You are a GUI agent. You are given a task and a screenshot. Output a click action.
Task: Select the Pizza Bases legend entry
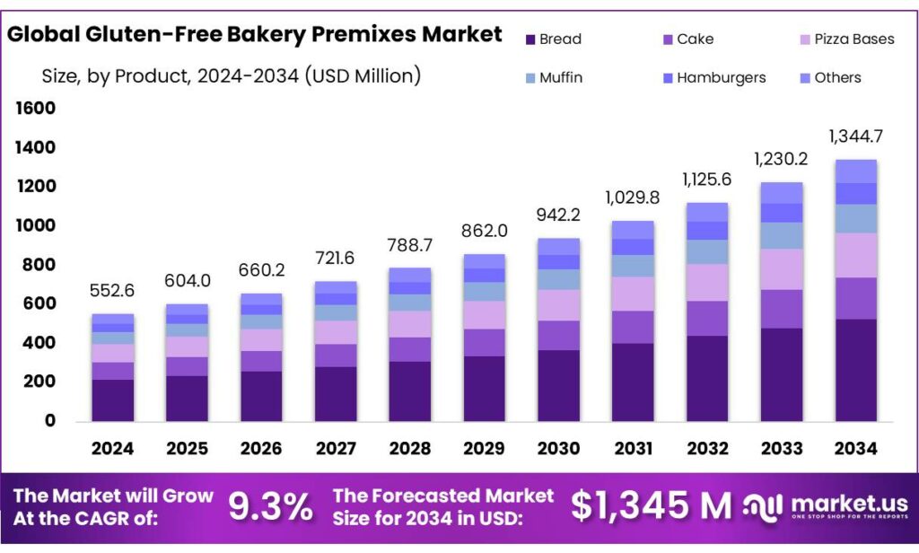click(x=846, y=39)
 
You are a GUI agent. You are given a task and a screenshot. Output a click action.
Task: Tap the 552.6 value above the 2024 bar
click(x=113, y=292)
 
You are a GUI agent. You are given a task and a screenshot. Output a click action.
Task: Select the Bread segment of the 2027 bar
click(x=337, y=393)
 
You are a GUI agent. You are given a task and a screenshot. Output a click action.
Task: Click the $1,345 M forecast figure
click(x=652, y=507)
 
